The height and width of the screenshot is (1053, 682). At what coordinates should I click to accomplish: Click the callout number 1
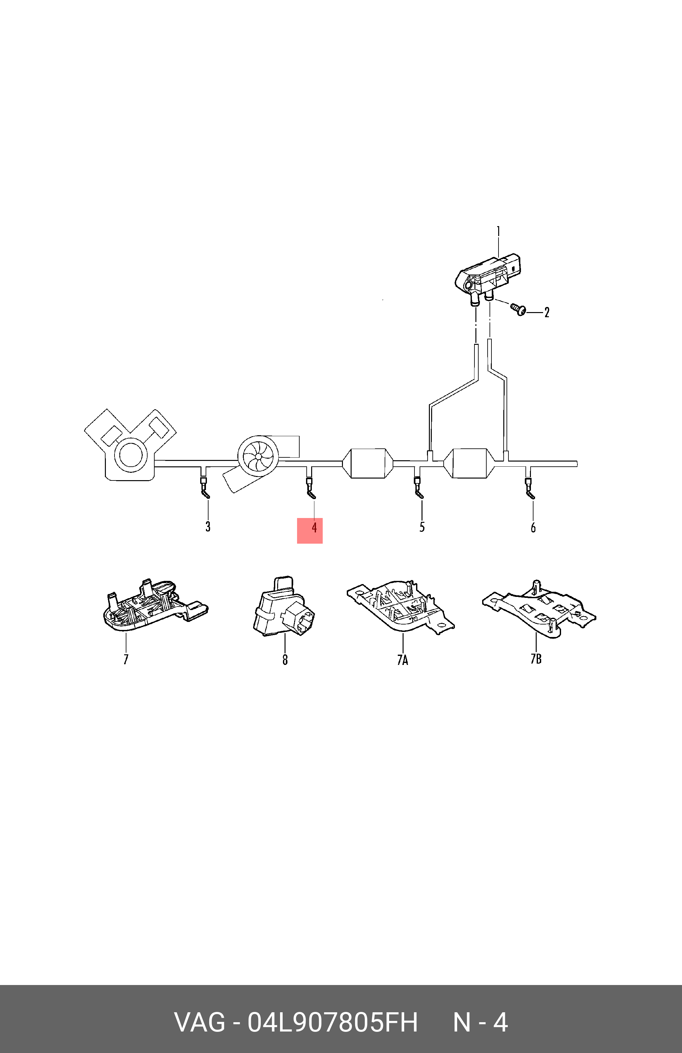tap(498, 232)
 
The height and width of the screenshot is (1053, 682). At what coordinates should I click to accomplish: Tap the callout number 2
tap(547, 313)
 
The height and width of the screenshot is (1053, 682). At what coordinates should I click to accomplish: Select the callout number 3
tap(208, 527)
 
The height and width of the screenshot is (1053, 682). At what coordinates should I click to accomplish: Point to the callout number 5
tap(422, 527)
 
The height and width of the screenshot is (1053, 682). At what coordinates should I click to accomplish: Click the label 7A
tap(402, 660)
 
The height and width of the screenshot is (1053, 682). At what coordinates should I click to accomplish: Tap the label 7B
tap(536, 659)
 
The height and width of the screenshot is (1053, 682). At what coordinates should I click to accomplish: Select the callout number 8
tap(285, 660)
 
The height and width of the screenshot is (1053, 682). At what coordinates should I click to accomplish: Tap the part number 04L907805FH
tap(332, 1023)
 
